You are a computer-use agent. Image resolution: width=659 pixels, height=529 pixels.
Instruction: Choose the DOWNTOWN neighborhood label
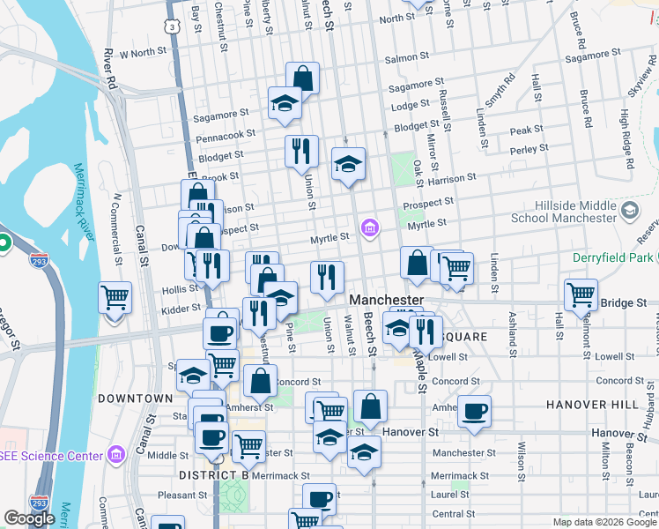[x=135, y=399]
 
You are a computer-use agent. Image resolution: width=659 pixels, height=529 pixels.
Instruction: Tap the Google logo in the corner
[x=29, y=518]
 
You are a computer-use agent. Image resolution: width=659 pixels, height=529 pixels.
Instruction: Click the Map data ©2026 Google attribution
[x=603, y=522]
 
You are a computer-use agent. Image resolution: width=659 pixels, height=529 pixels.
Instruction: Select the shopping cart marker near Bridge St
[x=581, y=294]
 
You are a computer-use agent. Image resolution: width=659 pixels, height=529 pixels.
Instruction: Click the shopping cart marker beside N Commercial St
[x=115, y=297]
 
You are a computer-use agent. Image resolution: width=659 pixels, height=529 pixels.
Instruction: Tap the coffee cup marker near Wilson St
[x=474, y=411]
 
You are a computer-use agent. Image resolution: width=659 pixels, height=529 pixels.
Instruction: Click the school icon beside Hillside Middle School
[x=629, y=210]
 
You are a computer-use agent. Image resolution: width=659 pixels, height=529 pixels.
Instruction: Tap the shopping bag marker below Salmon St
[x=302, y=78]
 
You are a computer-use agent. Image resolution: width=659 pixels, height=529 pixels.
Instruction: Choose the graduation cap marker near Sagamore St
[x=285, y=104]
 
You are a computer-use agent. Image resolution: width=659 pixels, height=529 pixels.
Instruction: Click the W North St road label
[x=143, y=53]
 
